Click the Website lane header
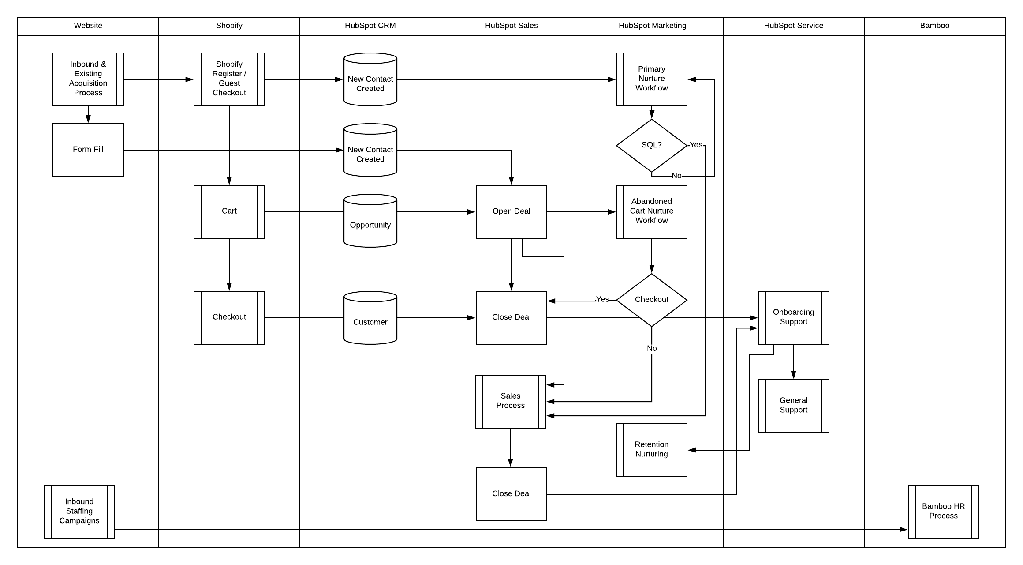click(88, 26)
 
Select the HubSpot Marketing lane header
click(652, 26)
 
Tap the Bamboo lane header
click(934, 26)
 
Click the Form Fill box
click(88, 150)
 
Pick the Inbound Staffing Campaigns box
click(79, 512)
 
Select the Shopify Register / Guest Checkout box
click(229, 79)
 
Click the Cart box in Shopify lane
click(229, 211)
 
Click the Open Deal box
click(511, 211)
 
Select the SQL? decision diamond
click(652, 145)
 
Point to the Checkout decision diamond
click(652, 300)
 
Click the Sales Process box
click(511, 401)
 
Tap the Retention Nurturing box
click(652, 450)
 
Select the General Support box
click(794, 406)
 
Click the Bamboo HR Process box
click(944, 512)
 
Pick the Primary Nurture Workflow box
click(652, 79)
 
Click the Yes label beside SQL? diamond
click(696, 145)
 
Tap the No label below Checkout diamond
click(652, 348)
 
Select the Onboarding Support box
click(794, 317)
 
